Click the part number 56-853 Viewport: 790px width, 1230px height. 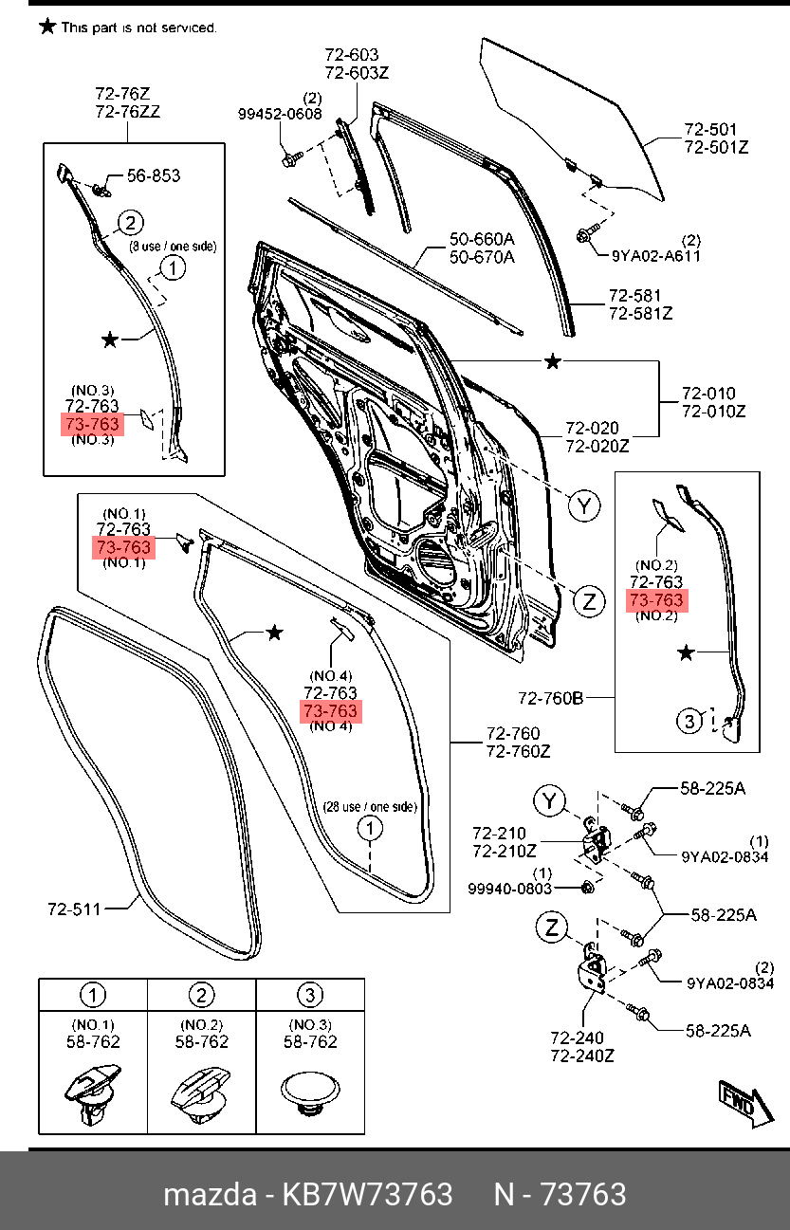154,175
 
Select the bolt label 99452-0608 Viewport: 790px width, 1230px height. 279,114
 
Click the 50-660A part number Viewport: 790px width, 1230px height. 482,240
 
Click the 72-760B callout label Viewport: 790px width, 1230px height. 550,699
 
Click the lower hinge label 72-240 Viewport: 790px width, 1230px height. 577,1038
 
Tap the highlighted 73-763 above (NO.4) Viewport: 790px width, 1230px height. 330,711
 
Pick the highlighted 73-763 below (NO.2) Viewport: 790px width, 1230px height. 655,600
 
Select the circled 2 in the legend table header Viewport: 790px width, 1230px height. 201,995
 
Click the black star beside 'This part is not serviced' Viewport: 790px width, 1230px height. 46,27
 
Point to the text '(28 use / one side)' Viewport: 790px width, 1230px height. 369,807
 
